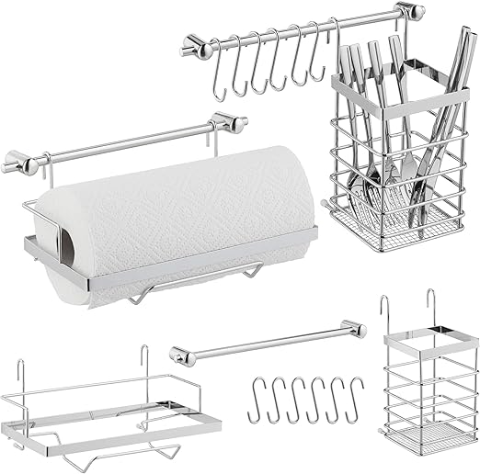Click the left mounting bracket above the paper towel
click(19, 164)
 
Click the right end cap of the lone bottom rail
click(354, 326)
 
